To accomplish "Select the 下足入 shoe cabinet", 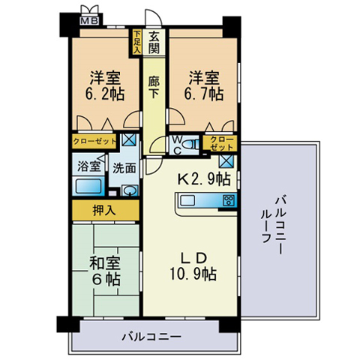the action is [x=136, y=42].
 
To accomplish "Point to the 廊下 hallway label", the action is [x=154, y=88].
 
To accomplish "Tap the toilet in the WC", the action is [x=190, y=145].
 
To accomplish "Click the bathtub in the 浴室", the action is [x=88, y=186].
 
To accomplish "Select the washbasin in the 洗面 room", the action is [x=130, y=190].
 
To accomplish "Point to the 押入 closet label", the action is [x=104, y=210].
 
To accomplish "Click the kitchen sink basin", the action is [x=187, y=200].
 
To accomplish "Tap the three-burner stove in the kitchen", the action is [x=229, y=200].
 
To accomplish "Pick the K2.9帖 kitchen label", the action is [x=204, y=178].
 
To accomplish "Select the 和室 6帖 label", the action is [x=105, y=271].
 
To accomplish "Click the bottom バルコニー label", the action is [x=151, y=337].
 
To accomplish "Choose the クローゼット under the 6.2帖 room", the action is [x=94, y=142].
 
